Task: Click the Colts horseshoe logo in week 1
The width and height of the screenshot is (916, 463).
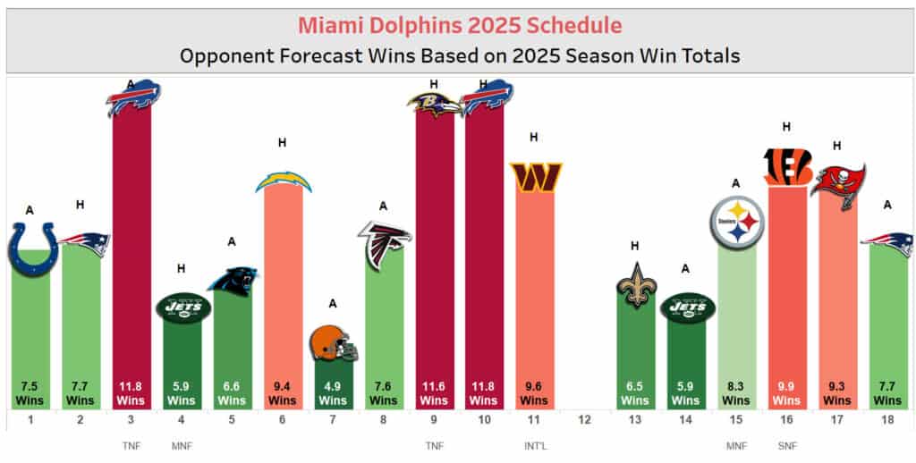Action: pos(33,248)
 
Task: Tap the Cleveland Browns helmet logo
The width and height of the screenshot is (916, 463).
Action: pos(334,343)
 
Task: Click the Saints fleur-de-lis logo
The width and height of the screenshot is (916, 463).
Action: pos(637,284)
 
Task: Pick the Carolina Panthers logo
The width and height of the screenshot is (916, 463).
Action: pos(233,281)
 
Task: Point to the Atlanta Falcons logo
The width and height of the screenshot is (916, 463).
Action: pos(384,243)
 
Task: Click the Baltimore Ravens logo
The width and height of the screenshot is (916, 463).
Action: pos(435,105)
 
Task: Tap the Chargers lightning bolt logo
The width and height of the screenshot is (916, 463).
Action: pos(284,181)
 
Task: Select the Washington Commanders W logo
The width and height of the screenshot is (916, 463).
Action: pos(535,176)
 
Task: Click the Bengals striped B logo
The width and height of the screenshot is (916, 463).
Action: pos(787,166)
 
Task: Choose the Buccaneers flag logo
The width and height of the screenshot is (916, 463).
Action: pos(838,185)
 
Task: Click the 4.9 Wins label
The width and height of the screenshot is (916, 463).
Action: pos(334,393)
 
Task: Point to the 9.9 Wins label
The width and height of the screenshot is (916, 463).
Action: pos(787,393)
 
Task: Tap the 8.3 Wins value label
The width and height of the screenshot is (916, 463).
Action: pos(737,393)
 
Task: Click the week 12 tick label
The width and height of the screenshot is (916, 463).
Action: pos(585,420)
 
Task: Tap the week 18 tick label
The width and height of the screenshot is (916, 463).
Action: pos(888,420)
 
